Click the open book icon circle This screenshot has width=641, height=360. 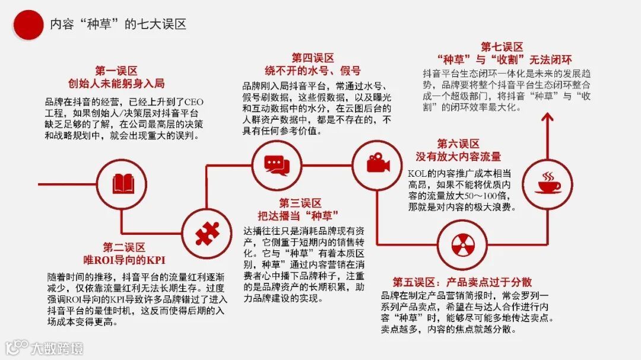pyautogui.click(x=121, y=184)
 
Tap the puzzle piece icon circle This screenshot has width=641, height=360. pyautogui.click(x=207, y=235)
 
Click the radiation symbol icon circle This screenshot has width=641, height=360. pyautogui.click(x=462, y=244)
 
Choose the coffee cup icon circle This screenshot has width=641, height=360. pyautogui.click(x=547, y=184)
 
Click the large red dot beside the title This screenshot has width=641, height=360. pyautogui.click(x=28, y=24)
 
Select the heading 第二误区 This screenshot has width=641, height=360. pyautogui.click(x=124, y=247)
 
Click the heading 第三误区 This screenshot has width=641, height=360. pyautogui.click(x=300, y=202)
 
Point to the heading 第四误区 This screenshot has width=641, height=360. pyautogui.click(x=313, y=58)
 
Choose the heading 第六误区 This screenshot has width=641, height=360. pyautogui.click(x=458, y=144)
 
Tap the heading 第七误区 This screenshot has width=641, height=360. pyautogui.click(x=502, y=47)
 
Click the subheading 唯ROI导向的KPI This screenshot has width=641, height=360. pyautogui.click(x=124, y=260)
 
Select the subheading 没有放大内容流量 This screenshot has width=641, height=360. pyautogui.click(x=458, y=157)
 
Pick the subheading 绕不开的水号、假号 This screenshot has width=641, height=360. pyautogui.click(x=313, y=71)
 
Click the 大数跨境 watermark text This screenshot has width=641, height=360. pyautogui.click(x=57, y=348)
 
